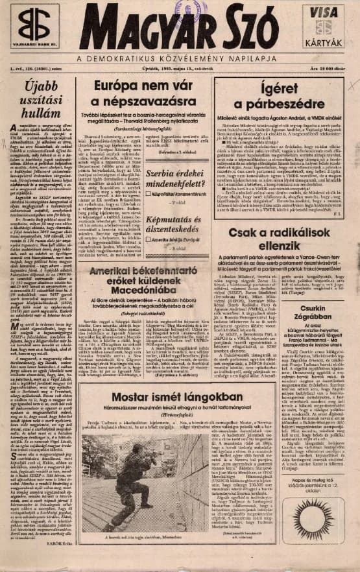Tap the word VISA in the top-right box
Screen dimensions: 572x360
pyautogui.click(x=323, y=13)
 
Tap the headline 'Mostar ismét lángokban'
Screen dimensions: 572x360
pyautogui.click(x=167, y=397)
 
